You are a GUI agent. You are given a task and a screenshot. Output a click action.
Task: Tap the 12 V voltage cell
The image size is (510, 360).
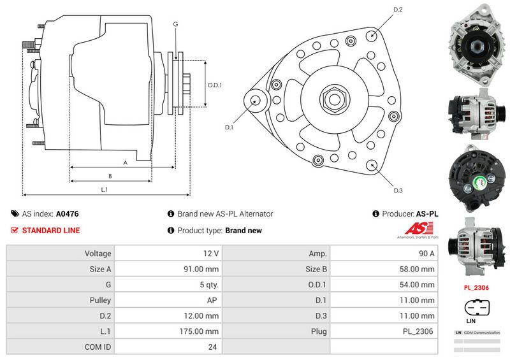pyautogui.click(x=210, y=253)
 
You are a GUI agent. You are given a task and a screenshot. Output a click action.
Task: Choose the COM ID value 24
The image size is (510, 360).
pyautogui.click(x=212, y=347)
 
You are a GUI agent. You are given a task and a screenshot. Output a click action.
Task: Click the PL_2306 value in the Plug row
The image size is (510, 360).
pyautogui.click(x=418, y=331)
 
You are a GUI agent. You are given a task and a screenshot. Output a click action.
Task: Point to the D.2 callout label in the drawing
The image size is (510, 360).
pyautogui.click(x=398, y=10)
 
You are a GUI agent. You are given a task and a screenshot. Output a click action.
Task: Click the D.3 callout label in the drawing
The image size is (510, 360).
pyautogui.click(x=398, y=190)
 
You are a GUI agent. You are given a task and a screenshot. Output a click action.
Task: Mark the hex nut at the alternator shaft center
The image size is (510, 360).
pyautogui.click(x=334, y=99)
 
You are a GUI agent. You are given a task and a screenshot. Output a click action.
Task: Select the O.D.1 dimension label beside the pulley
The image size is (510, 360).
pyautogui.click(x=215, y=85)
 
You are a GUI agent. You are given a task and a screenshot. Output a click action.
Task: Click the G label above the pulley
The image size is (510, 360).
pyautogui.click(x=175, y=24)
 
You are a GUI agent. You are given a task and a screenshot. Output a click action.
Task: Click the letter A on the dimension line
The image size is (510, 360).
pyautogui.click(x=125, y=163)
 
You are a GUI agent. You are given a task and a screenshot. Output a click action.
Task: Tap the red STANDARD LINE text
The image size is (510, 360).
pyautogui.click(x=51, y=231)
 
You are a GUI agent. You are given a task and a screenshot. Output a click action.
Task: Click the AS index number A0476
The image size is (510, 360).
pyautogui.click(x=68, y=214)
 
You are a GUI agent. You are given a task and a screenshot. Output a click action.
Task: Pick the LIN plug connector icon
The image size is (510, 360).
pyautogui.click(x=475, y=308)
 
